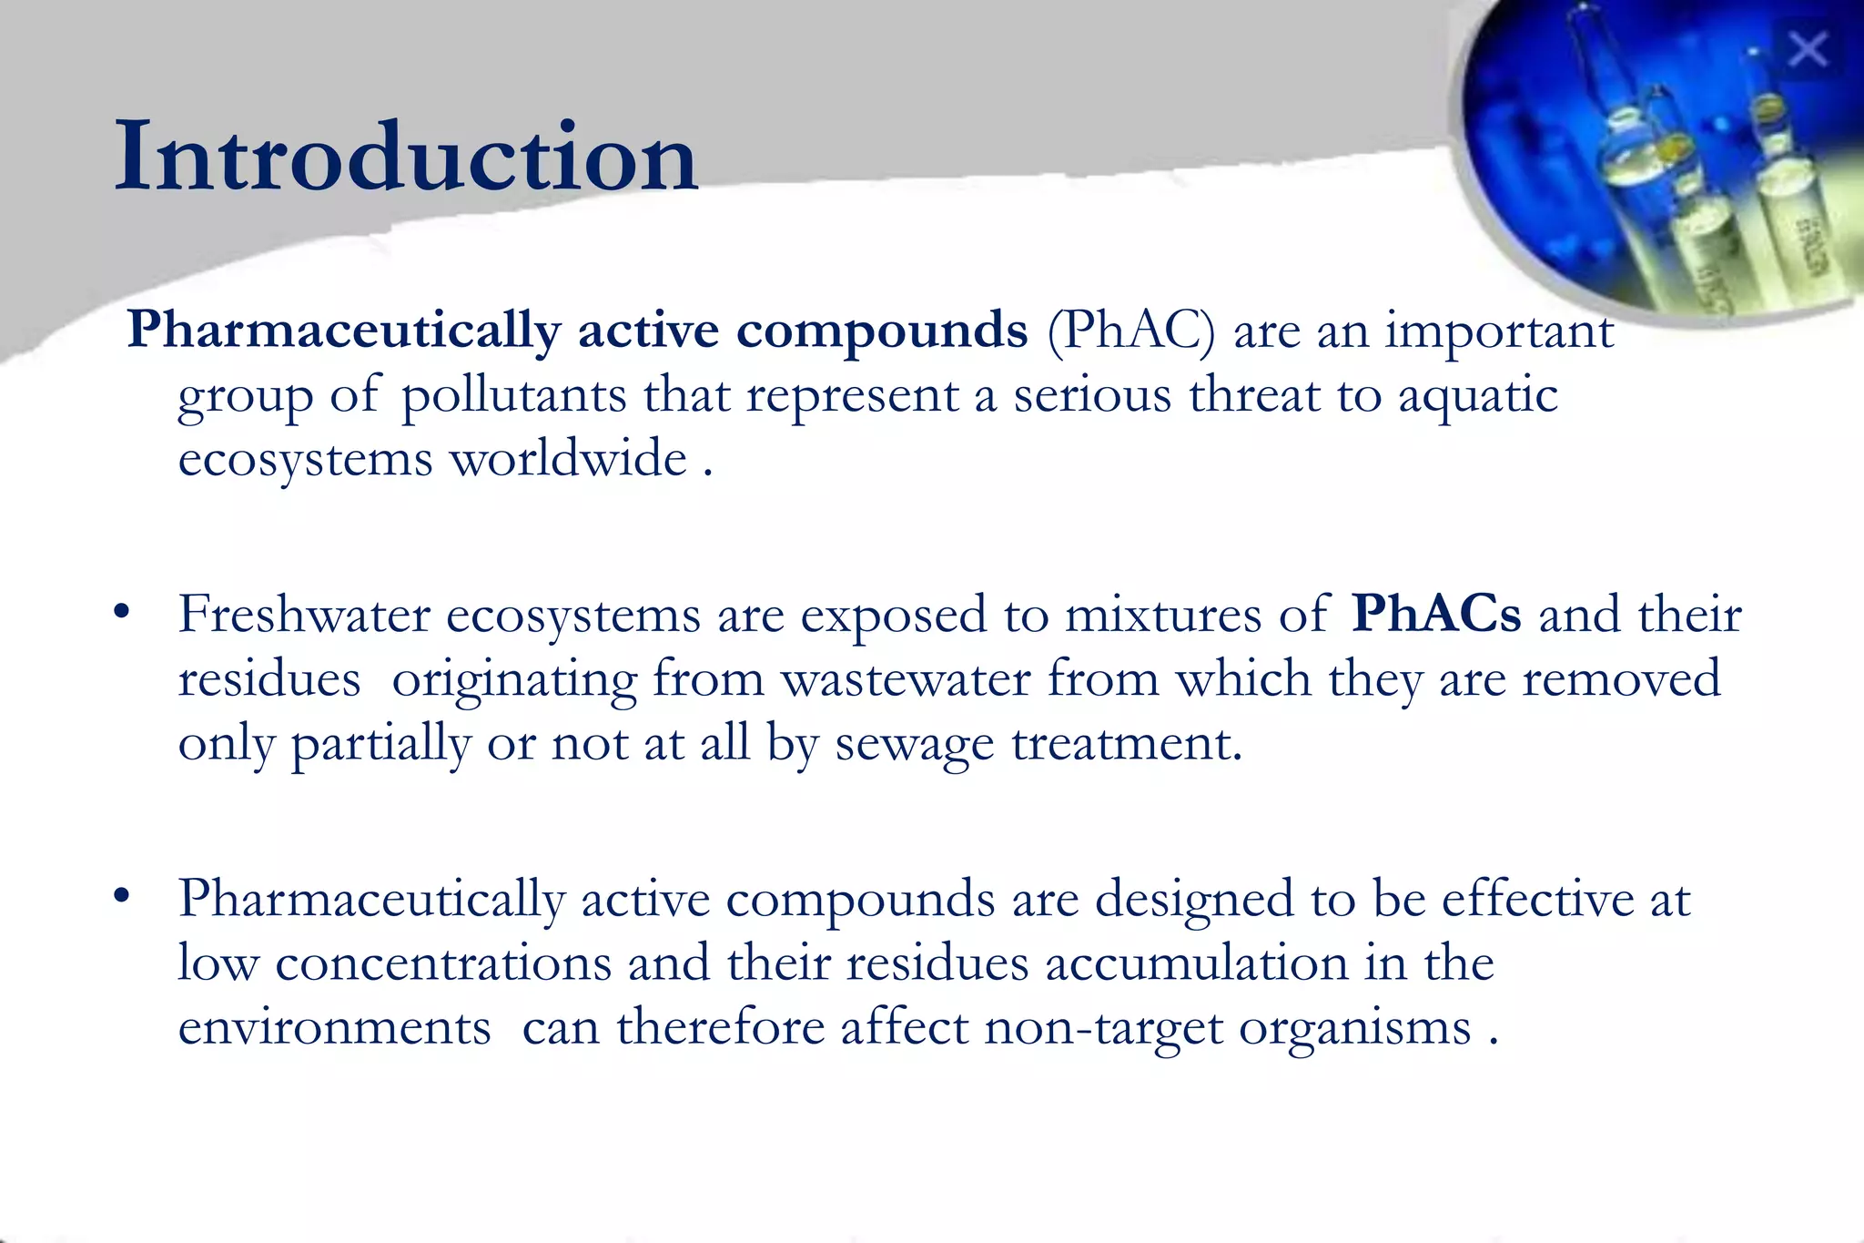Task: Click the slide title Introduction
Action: point(406,157)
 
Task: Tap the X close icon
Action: point(1807,49)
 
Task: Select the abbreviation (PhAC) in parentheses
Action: point(1130,330)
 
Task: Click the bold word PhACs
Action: point(1435,614)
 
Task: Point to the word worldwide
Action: point(569,458)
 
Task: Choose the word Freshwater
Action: point(303,614)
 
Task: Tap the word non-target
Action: point(1103,1027)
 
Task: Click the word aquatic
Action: point(1477,396)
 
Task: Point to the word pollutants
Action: point(514,396)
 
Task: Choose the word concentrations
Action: point(443,963)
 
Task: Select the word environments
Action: point(334,1027)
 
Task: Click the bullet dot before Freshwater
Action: point(122,612)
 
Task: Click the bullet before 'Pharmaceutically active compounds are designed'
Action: point(122,896)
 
